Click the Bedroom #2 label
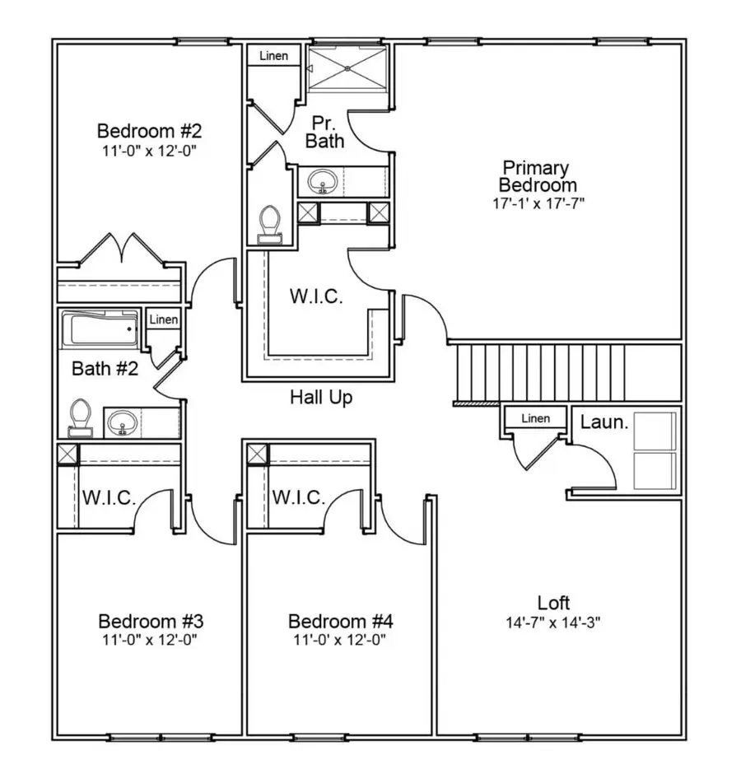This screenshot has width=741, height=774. pyautogui.click(x=149, y=131)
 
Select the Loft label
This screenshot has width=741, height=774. pyautogui.click(x=553, y=603)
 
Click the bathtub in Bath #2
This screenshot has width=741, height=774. pyautogui.click(x=100, y=329)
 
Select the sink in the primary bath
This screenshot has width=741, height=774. pyautogui.click(x=321, y=181)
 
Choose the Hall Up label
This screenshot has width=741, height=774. pyautogui.click(x=321, y=398)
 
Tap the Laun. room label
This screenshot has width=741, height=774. pyautogui.click(x=605, y=422)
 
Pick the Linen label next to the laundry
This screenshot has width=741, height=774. pyautogui.click(x=535, y=418)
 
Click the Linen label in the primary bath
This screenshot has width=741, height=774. pyautogui.click(x=274, y=56)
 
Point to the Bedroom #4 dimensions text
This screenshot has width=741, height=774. pyautogui.click(x=339, y=639)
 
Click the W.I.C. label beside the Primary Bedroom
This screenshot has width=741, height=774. pyautogui.click(x=315, y=296)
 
